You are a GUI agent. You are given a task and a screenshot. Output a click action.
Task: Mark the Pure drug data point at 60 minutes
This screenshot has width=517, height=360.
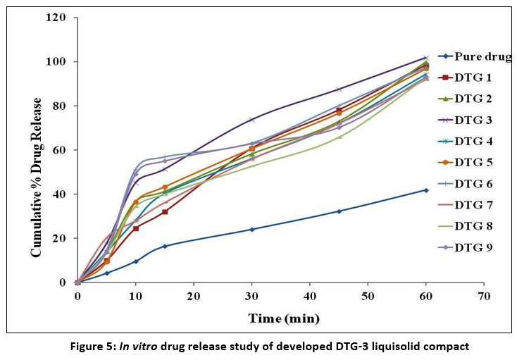click(x=425, y=190)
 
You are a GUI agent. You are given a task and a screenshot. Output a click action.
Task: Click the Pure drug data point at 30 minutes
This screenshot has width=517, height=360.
click(x=251, y=229)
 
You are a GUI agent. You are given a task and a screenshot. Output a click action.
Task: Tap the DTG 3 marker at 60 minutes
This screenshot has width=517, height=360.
click(x=425, y=58)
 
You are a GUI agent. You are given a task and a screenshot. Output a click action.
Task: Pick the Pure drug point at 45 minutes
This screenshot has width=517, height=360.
click(x=339, y=211)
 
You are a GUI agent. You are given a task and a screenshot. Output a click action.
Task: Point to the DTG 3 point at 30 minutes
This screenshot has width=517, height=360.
click(x=251, y=120)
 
